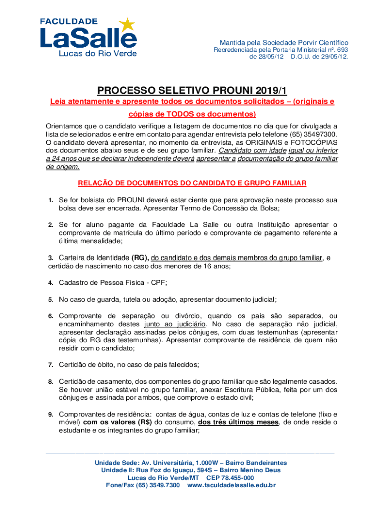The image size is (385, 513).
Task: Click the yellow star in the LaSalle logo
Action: (x=128, y=24)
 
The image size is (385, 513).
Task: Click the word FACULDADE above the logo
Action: (x=69, y=21)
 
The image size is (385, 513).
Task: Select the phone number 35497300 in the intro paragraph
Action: (x=322, y=134)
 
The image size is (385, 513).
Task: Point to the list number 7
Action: (x=51, y=364)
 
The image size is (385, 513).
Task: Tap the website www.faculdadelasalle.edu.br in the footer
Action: (x=231, y=485)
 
